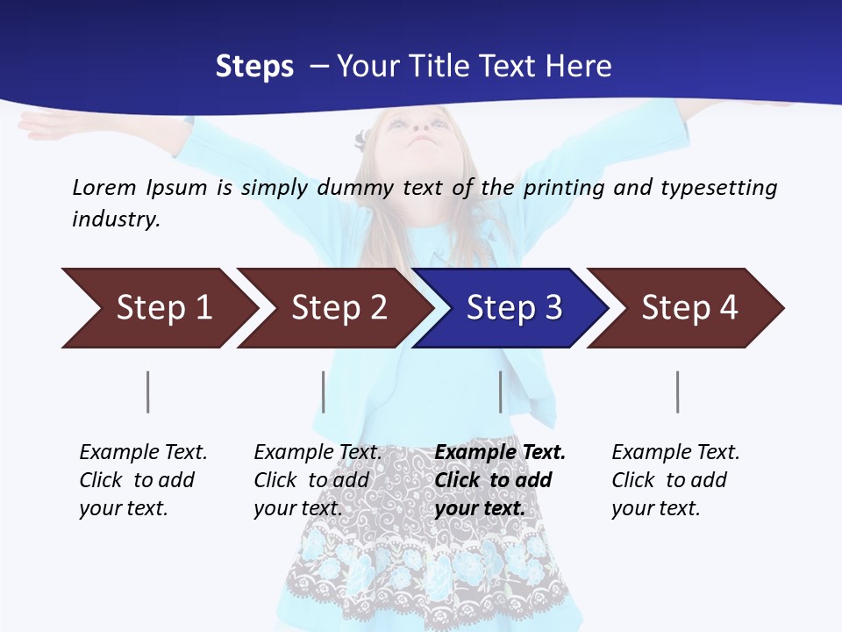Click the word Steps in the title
pos(254,67)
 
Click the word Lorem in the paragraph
pos(104,188)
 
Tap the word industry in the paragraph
pos(116,219)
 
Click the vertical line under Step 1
pos(148,391)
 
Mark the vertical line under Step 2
pos(324,391)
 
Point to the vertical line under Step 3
pos(501,391)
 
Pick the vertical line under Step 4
pos(678,391)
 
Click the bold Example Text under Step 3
pos(500,453)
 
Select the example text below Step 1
pos(142,480)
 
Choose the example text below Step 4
pos(674,480)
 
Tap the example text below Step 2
pos(317,480)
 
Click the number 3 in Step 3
pos(553,308)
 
